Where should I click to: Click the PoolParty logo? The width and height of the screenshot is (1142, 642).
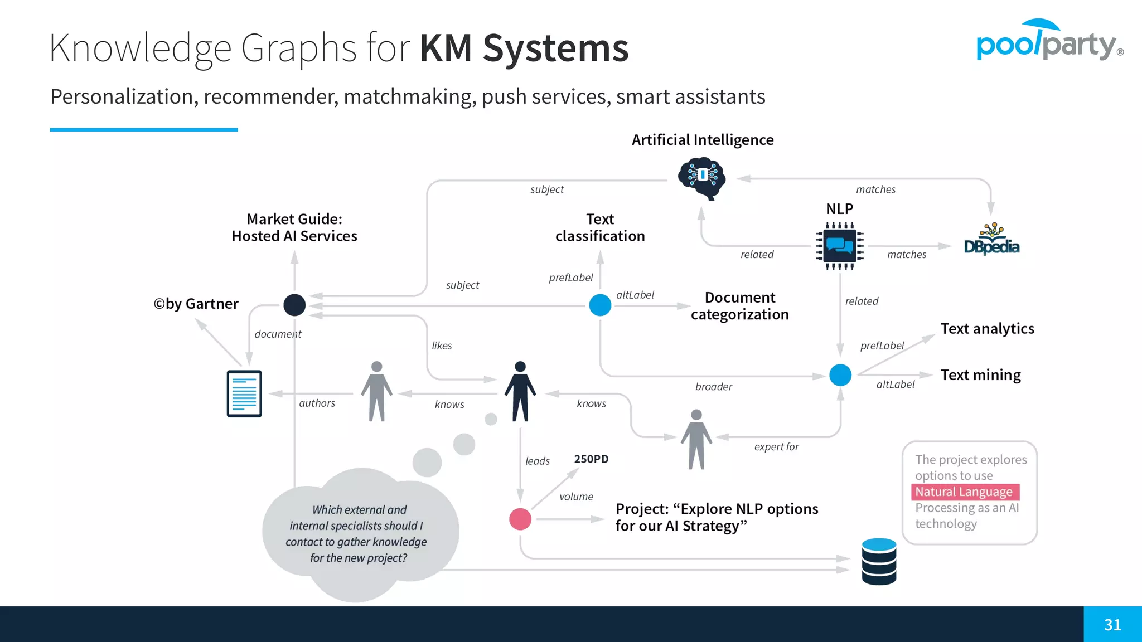(1049, 41)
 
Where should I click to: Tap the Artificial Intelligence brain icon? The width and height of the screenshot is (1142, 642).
(702, 178)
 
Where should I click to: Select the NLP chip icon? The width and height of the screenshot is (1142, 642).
(840, 246)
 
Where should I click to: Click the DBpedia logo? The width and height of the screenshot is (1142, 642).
(991, 241)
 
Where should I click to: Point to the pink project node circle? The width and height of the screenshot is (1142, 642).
(520, 519)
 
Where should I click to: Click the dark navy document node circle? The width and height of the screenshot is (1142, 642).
(294, 305)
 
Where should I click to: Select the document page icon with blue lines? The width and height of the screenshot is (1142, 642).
(244, 393)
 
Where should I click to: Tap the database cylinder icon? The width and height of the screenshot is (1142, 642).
(879, 561)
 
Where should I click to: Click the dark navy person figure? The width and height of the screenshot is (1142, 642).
(520, 391)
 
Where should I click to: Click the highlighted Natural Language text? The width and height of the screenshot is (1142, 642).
(964, 492)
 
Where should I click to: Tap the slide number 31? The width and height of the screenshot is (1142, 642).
(1112, 624)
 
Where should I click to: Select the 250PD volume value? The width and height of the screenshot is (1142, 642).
(591, 459)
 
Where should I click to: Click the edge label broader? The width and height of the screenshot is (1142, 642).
(714, 387)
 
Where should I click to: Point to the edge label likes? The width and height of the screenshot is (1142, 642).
(442, 346)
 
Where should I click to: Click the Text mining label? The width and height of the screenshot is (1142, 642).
(981, 374)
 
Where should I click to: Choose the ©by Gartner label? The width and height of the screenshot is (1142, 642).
(196, 304)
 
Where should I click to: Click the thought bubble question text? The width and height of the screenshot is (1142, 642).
(357, 533)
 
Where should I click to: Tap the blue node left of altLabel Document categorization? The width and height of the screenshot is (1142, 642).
(600, 305)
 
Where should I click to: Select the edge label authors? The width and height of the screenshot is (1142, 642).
(317, 403)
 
